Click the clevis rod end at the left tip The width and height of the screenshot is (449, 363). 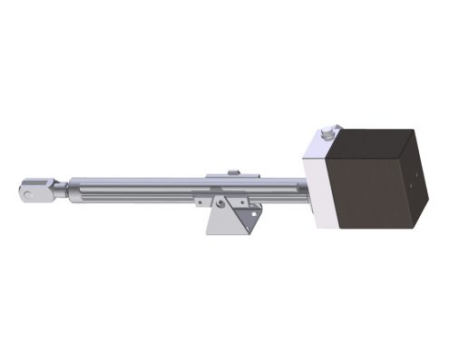(34, 191)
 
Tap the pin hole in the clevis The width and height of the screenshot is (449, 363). (29, 191)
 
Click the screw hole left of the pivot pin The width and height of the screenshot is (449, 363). (200, 201)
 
